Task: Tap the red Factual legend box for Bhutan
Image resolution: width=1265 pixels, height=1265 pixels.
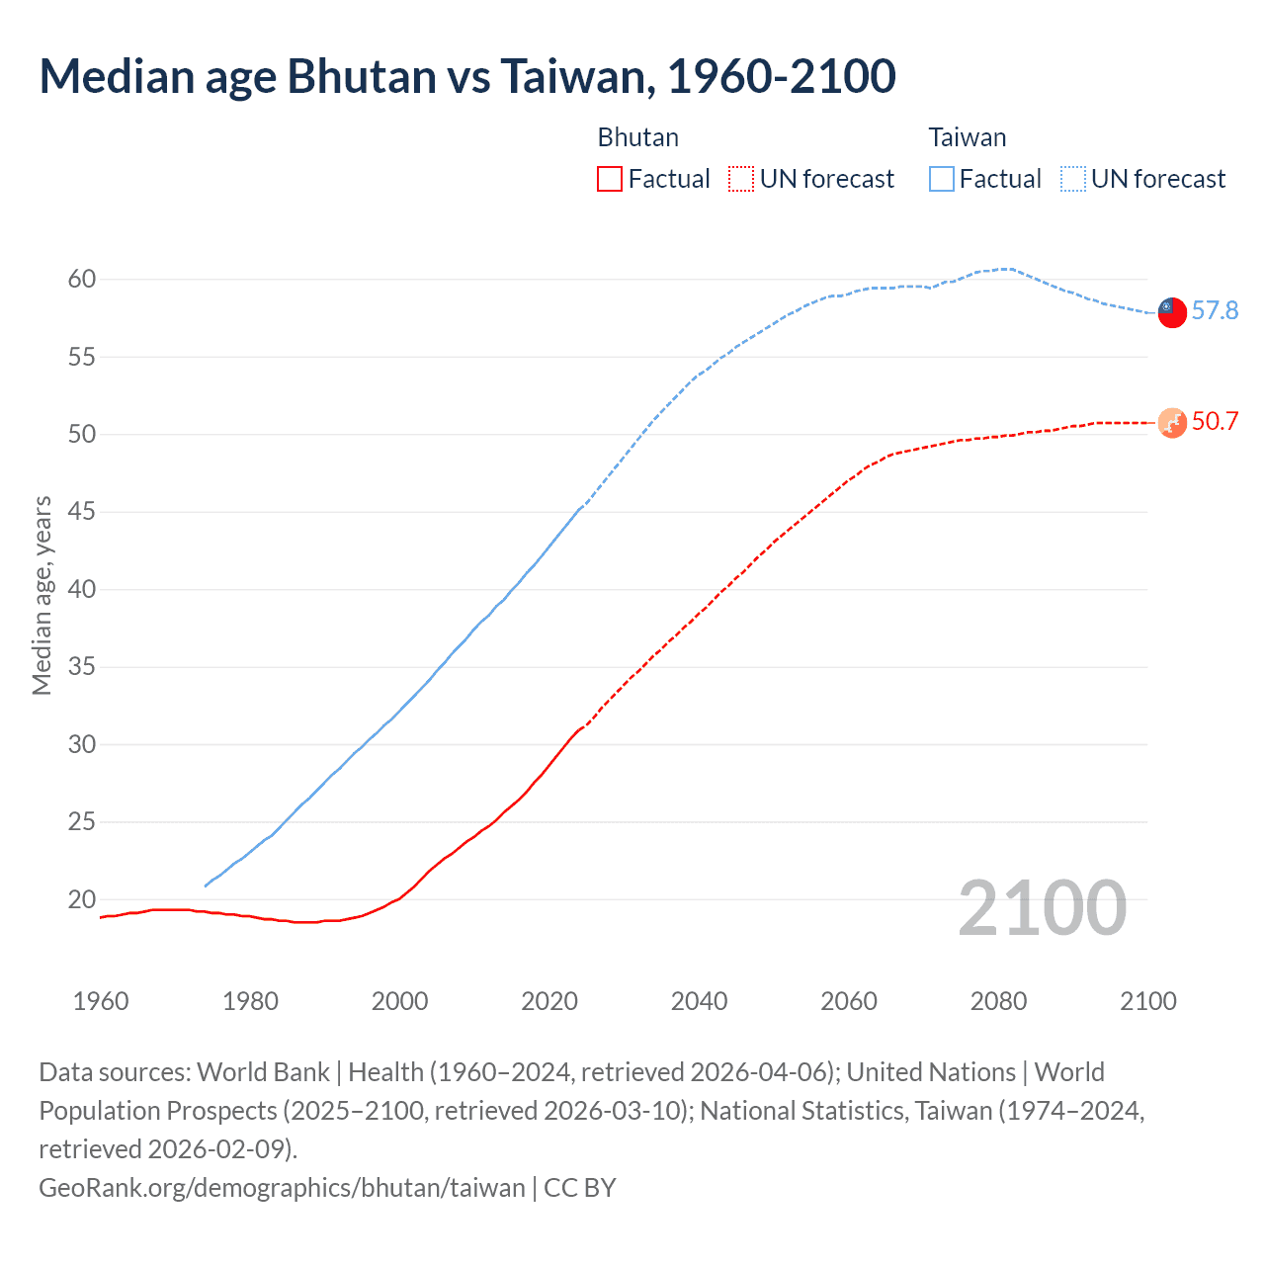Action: (x=610, y=179)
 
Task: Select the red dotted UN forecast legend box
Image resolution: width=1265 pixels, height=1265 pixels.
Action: (x=741, y=179)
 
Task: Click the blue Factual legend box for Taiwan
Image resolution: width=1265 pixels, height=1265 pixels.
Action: (x=942, y=179)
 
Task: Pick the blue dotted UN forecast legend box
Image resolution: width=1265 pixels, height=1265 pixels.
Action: (x=1072, y=179)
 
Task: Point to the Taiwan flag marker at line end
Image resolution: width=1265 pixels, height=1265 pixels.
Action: (x=1171, y=311)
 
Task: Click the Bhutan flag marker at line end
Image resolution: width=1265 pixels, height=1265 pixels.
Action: (x=1171, y=423)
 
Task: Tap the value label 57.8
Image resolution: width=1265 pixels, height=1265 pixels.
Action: (x=1215, y=311)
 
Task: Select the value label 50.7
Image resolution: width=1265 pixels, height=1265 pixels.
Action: (x=1215, y=422)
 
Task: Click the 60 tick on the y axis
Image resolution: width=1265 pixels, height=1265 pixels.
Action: (x=82, y=280)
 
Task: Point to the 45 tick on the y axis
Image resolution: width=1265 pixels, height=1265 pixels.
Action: (x=82, y=512)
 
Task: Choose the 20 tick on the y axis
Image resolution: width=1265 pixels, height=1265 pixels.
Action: (x=82, y=899)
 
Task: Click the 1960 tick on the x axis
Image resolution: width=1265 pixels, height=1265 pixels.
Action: (x=101, y=1001)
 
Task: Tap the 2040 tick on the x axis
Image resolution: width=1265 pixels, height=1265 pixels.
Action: (x=699, y=1001)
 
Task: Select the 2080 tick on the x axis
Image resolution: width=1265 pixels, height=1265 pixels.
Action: (x=998, y=1001)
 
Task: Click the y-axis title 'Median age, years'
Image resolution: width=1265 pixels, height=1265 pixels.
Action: (x=42, y=596)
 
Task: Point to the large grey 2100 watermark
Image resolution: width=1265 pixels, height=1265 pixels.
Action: (x=1042, y=908)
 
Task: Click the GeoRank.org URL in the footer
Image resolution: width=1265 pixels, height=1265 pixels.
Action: (x=282, y=1187)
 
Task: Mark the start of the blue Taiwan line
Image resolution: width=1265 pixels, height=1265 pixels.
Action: (x=206, y=885)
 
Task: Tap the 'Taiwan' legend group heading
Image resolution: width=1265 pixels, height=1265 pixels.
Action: (x=967, y=137)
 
